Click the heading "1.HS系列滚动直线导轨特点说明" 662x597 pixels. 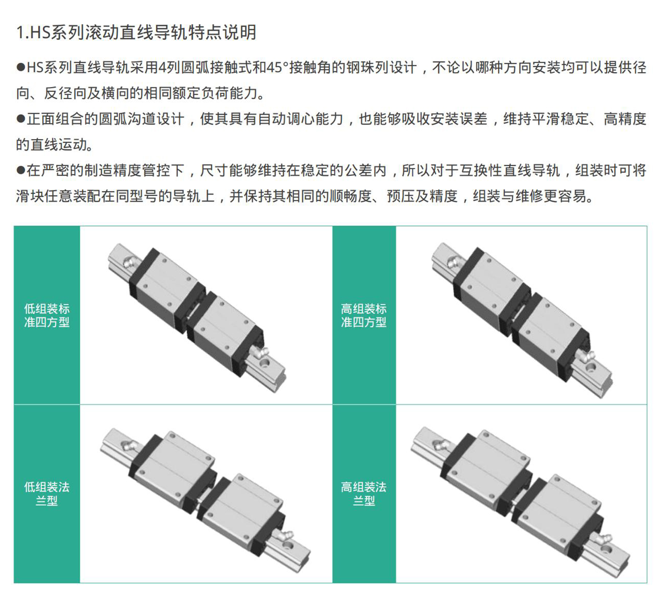(x=136, y=32)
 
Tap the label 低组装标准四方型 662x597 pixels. (x=47, y=315)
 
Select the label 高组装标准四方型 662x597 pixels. (x=364, y=315)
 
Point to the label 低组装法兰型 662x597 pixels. (x=47, y=494)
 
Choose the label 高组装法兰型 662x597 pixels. (x=364, y=494)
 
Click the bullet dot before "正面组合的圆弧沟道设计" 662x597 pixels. (x=21, y=119)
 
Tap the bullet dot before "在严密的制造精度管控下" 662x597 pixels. (x=21, y=170)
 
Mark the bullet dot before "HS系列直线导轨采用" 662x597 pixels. (x=21, y=67)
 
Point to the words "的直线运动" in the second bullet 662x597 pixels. (x=50, y=144)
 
